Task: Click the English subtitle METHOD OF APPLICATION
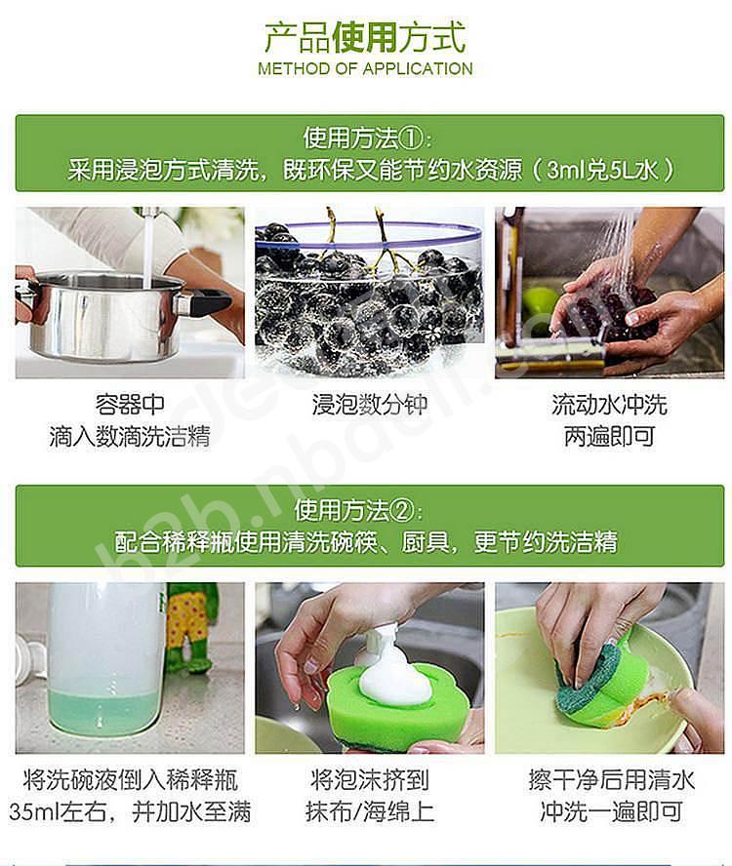[365, 69]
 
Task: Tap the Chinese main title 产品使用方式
[365, 38]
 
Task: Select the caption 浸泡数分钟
[370, 405]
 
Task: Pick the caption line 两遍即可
[609, 436]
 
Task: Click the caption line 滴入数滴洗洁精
[130, 436]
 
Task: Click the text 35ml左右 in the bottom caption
[58, 811]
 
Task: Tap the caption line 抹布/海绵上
[370, 811]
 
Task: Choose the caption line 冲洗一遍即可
[611, 811]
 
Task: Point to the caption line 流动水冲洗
[609, 405]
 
